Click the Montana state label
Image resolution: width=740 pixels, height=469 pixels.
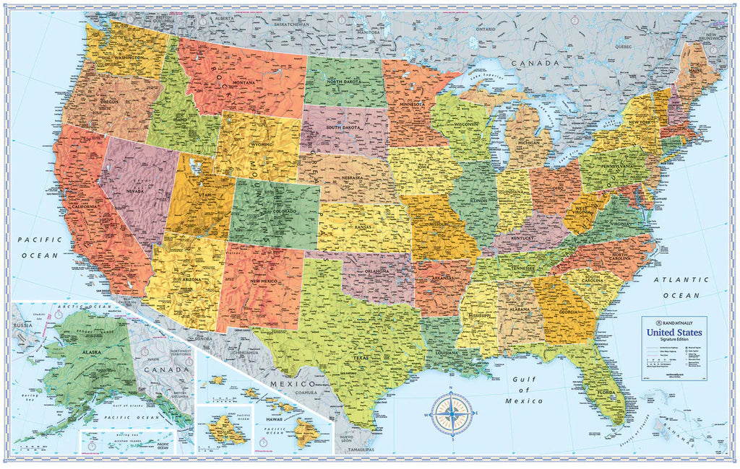[x=244, y=82]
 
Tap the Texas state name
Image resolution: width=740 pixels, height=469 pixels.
[x=341, y=356]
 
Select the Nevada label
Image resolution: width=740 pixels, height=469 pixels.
[x=135, y=190]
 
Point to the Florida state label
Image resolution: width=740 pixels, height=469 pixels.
[x=606, y=394]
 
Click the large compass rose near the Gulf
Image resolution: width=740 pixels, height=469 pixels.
[x=452, y=414]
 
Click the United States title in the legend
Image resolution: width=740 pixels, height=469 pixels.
[x=673, y=333]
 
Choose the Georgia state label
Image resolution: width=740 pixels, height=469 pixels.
[x=567, y=312]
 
